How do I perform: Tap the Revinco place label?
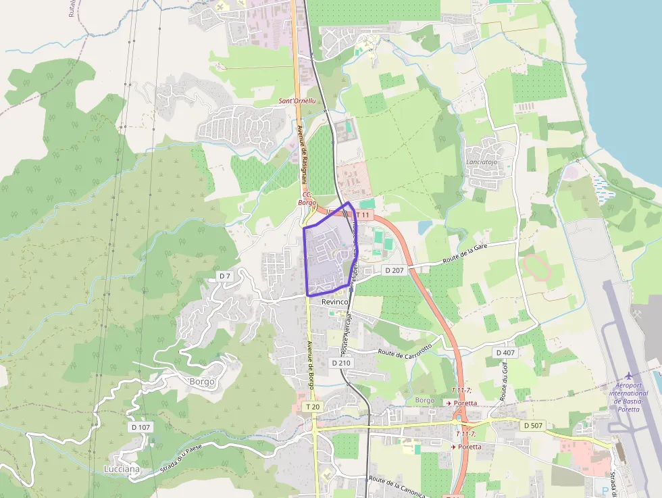coord(335,301)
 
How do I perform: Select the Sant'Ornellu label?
coord(297,101)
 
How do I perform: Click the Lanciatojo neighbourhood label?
coord(482,162)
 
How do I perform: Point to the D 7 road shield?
coord(225,276)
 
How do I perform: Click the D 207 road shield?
coord(394,270)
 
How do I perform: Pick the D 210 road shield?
coord(342,363)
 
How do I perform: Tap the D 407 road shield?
coord(505,353)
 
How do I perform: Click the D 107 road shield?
coord(141,427)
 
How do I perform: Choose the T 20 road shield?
coord(312,407)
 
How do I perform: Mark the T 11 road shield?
coord(363,215)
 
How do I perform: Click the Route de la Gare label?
coord(465,254)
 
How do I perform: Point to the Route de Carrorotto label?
coord(405,351)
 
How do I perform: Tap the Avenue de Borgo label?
coord(311,364)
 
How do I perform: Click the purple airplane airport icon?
coord(630,376)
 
